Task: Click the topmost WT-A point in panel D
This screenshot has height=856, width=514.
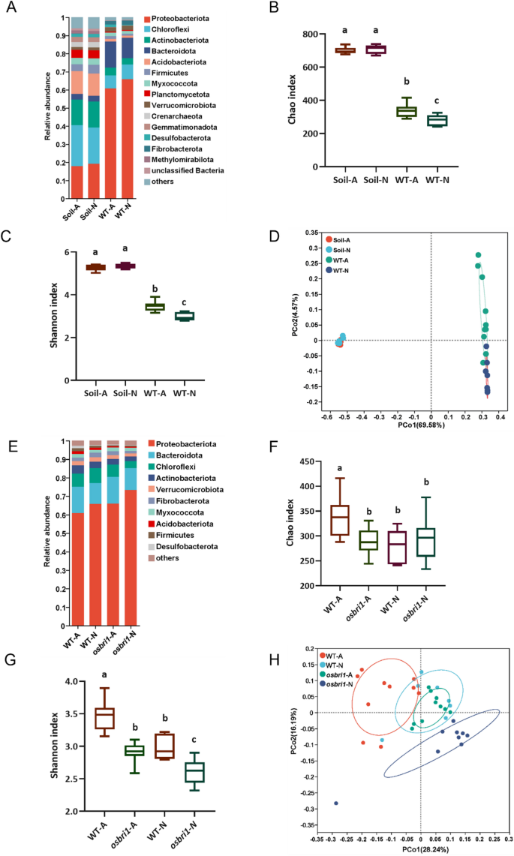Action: [x=478, y=255]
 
